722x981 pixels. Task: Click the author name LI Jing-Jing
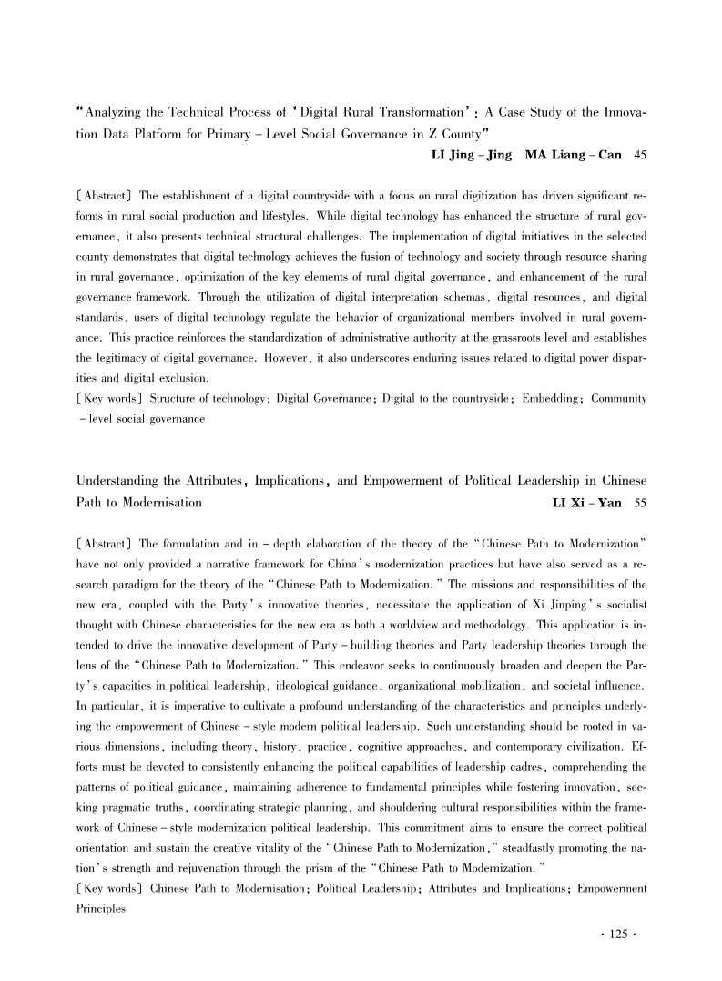click(x=472, y=155)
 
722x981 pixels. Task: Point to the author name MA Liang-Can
click(x=574, y=155)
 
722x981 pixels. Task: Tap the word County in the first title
click(x=454, y=133)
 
